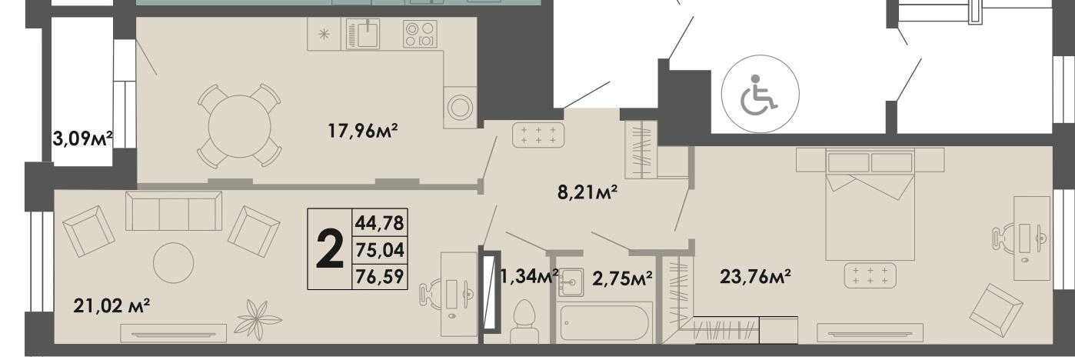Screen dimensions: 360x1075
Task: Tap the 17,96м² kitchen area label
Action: click(x=363, y=132)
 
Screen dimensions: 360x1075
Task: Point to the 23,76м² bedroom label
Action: click(x=755, y=276)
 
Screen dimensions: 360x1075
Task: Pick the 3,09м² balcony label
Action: click(x=82, y=139)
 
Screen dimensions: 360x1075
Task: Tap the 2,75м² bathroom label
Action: click(x=621, y=277)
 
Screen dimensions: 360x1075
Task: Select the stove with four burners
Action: click(x=419, y=34)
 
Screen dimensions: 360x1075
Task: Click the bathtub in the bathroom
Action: click(x=605, y=322)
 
